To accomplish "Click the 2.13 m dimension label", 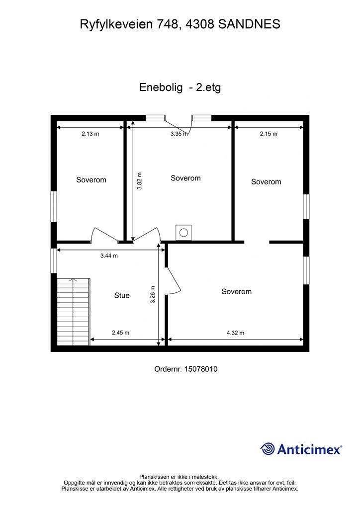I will point(90,134).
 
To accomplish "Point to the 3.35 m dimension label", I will point(179,134).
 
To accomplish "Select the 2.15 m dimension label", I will point(269,134).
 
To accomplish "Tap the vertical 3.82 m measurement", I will point(140,182).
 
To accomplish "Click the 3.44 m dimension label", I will point(109,256).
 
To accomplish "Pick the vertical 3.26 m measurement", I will point(153,295).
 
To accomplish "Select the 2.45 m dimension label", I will point(120,333).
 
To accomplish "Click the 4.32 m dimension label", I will point(235,333).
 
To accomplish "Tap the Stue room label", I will point(122,295).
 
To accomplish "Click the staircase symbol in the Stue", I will point(73,312).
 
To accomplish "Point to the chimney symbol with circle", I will point(183,232).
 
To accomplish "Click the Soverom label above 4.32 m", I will point(236,292).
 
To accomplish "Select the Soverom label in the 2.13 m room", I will point(91,180).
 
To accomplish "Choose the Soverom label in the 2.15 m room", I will point(266,182).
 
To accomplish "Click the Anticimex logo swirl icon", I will point(268,449).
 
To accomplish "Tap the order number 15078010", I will point(201,369).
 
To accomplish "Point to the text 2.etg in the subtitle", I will point(208,88).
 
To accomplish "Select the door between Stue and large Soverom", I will point(172,281).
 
